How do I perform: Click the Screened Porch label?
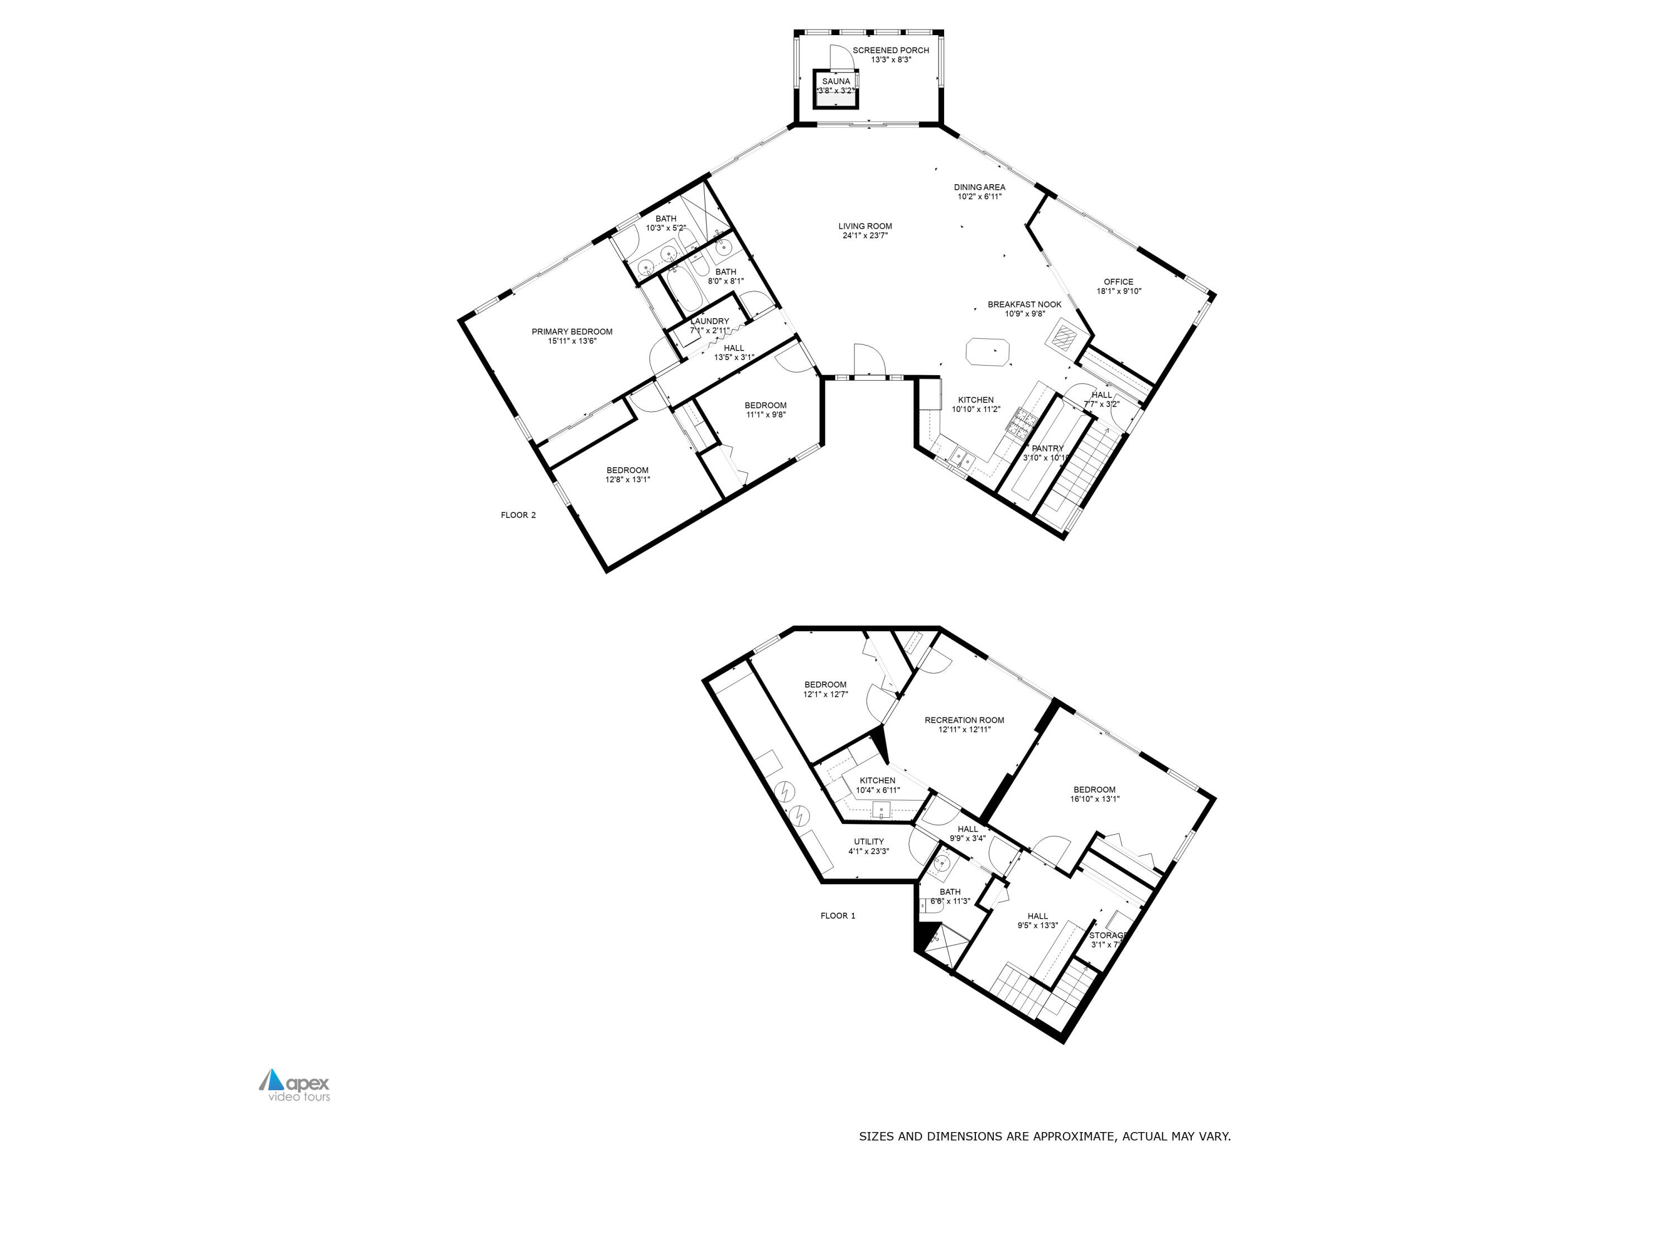click(x=890, y=51)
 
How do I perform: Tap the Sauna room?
click(x=835, y=85)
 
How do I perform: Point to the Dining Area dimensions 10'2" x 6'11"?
click(x=979, y=197)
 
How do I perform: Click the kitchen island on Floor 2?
click(x=988, y=353)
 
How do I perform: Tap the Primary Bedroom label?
click(x=571, y=332)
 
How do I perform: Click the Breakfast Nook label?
click(x=1024, y=304)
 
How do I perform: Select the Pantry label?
click(x=1047, y=448)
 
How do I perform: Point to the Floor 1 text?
click(x=838, y=916)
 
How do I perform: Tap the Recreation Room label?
click(x=964, y=720)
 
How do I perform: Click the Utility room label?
click(x=868, y=842)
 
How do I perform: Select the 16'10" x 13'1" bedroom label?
click(x=1094, y=790)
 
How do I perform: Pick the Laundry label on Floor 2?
click(x=709, y=322)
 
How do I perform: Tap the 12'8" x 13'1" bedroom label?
click(x=627, y=470)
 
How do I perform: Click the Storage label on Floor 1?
click(x=1107, y=936)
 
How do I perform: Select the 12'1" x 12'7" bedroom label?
click(x=825, y=684)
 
